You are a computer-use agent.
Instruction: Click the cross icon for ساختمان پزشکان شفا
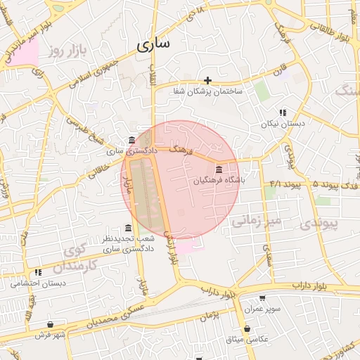207,80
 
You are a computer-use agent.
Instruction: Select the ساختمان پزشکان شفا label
208,91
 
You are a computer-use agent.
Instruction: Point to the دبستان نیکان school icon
283,112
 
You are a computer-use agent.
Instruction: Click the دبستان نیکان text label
283,124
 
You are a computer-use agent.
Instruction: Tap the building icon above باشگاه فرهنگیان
219,169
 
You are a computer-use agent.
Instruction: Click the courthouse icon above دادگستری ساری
131,140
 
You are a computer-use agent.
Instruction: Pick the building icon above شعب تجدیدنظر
127,229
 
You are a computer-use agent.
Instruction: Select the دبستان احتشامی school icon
39,272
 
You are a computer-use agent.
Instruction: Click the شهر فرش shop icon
50,324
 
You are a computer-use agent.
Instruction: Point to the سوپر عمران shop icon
262,298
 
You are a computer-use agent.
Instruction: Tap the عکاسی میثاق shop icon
247,329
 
